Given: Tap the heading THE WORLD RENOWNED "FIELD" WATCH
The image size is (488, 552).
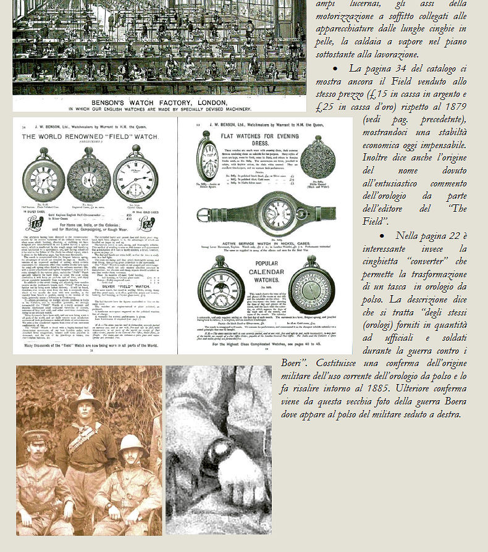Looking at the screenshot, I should [x=88, y=136].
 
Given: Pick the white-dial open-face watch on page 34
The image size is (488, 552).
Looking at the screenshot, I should [x=135, y=175].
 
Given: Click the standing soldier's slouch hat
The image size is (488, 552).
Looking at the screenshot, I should [x=86, y=397].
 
